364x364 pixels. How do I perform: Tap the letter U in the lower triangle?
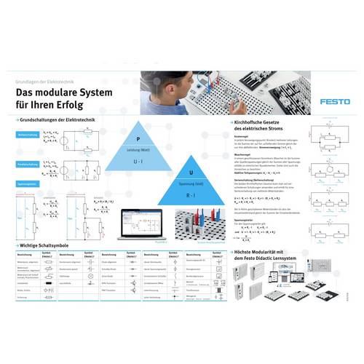pos(191,173)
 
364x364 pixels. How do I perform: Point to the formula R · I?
pos(191,194)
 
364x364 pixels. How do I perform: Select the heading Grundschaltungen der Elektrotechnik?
pos(61,119)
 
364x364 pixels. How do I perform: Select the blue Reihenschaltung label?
pos(28,135)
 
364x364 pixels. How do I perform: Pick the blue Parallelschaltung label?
pos(28,165)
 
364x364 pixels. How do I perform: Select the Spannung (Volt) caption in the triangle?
pos(191,183)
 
